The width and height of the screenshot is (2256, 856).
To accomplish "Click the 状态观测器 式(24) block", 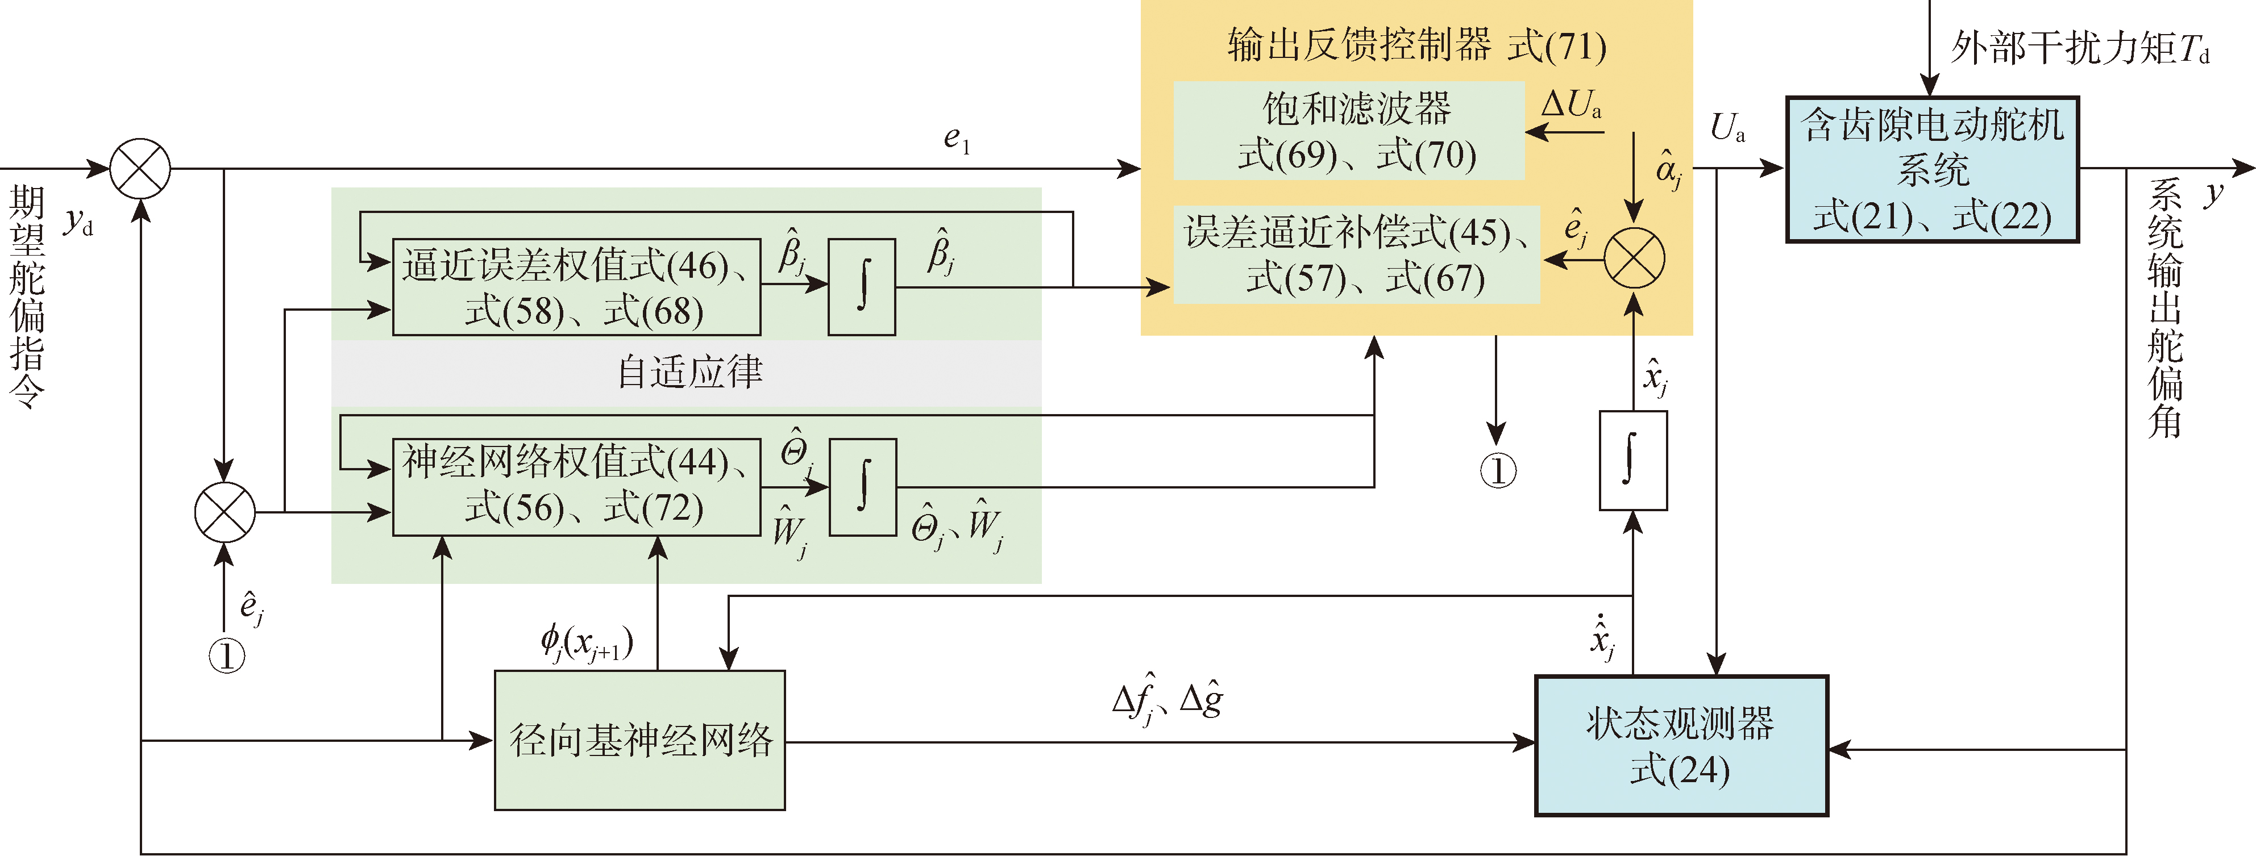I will pyautogui.click(x=1681, y=746).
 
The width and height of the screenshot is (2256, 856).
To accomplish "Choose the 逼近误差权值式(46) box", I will pyautogui.click(x=575, y=287).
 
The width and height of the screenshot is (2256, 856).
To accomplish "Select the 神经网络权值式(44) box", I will pyautogui.click(x=575, y=486).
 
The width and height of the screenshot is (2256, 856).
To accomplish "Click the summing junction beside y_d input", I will pyautogui.click(x=140, y=168).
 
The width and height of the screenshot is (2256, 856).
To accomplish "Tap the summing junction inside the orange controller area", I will pyautogui.click(x=1634, y=259).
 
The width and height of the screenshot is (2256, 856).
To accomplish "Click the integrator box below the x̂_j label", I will pyautogui.click(x=1632, y=461).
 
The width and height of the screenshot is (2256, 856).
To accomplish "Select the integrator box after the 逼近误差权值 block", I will pyautogui.click(x=862, y=287).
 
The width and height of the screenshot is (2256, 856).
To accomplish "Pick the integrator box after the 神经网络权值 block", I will pyautogui.click(x=862, y=486).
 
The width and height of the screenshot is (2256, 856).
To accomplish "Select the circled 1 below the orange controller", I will pyautogui.click(x=1498, y=471).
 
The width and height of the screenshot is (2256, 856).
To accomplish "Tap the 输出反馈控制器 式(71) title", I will pyautogui.click(x=1416, y=45).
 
